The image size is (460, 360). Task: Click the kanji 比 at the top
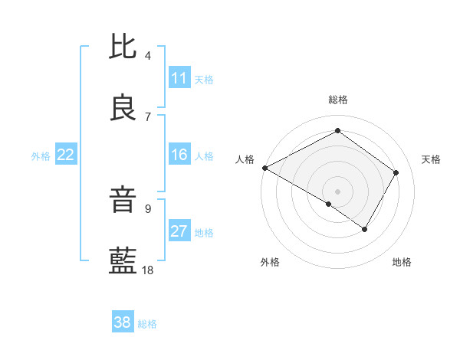click(x=123, y=47)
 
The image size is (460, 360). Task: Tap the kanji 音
click(x=123, y=201)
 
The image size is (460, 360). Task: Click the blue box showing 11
click(x=179, y=78)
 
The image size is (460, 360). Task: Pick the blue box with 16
click(x=179, y=155)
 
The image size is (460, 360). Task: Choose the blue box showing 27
click(x=179, y=232)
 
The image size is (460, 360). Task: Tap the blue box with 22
click(x=66, y=155)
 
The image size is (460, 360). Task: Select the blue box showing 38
click(x=123, y=322)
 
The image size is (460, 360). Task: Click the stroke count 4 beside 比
click(x=148, y=55)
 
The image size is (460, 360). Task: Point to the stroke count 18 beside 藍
click(x=148, y=270)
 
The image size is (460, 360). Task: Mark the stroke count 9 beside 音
click(x=148, y=208)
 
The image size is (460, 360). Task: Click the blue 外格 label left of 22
click(x=41, y=156)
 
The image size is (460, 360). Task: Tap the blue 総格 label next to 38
click(x=147, y=324)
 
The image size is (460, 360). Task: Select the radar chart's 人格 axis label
click(x=245, y=159)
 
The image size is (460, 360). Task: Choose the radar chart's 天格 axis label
click(x=432, y=159)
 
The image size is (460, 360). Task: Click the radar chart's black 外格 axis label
click(x=270, y=262)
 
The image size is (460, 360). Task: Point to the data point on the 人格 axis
click(x=264, y=168)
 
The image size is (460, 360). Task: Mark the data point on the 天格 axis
click(x=396, y=172)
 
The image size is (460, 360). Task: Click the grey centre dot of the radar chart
click(x=337, y=191)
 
